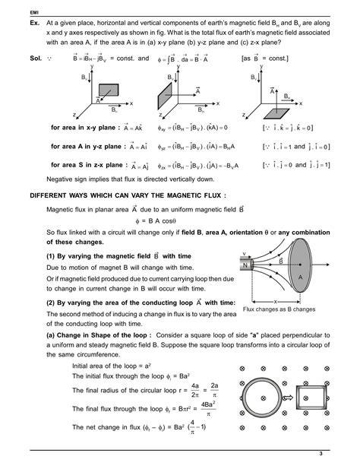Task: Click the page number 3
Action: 321,454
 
